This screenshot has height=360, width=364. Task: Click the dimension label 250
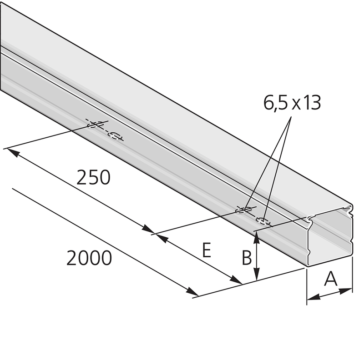pyautogui.click(x=93, y=177)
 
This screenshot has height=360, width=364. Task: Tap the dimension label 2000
pyautogui.click(x=89, y=258)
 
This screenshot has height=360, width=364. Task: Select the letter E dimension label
pyautogui.click(x=207, y=250)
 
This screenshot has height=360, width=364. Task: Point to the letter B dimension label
pyautogui.click(x=247, y=257)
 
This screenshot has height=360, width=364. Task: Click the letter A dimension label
pyautogui.click(x=331, y=279)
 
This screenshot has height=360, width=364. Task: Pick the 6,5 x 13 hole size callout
pyautogui.click(x=292, y=103)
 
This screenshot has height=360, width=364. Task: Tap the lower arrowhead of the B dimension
pyautogui.click(x=256, y=274)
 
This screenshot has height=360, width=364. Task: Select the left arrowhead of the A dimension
pyautogui.click(x=313, y=297)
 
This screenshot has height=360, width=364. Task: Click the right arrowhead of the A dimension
pyautogui.click(x=346, y=290)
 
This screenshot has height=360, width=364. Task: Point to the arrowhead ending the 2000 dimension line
pyautogui.click(x=192, y=291)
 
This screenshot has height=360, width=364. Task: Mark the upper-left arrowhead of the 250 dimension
pyautogui.click(x=12, y=152)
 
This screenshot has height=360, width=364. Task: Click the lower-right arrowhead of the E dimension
pyautogui.click(x=236, y=280)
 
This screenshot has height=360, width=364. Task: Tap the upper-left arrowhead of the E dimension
pyautogui.click(x=161, y=238)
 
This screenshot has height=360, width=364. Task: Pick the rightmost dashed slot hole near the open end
pyautogui.click(x=263, y=221)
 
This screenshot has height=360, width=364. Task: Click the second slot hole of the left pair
pyautogui.click(x=115, y=136)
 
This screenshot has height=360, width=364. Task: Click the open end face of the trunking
pyautogui.click(x=329, y=237)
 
